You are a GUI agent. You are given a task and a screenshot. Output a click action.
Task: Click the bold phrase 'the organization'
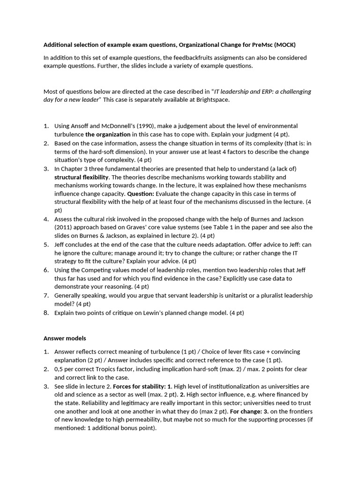108,135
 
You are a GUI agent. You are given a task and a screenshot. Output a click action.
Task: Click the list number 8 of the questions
46,313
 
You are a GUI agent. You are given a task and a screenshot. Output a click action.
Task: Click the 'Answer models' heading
65,338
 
